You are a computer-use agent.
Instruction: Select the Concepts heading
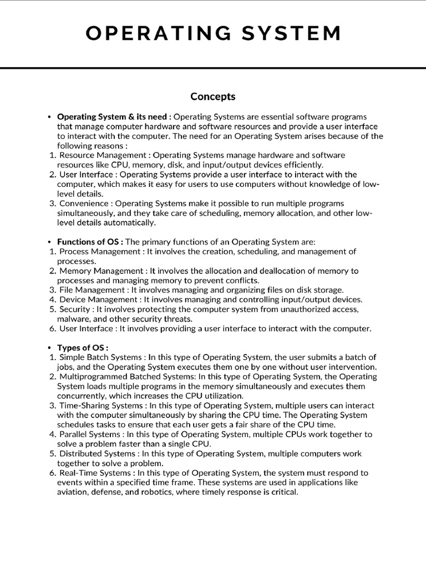pos(213,97)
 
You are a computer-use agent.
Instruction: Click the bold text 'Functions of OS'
pos(90,242)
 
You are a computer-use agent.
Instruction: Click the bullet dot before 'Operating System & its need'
pos(49,117)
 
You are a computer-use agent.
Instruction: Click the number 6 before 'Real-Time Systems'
pos(52,473)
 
